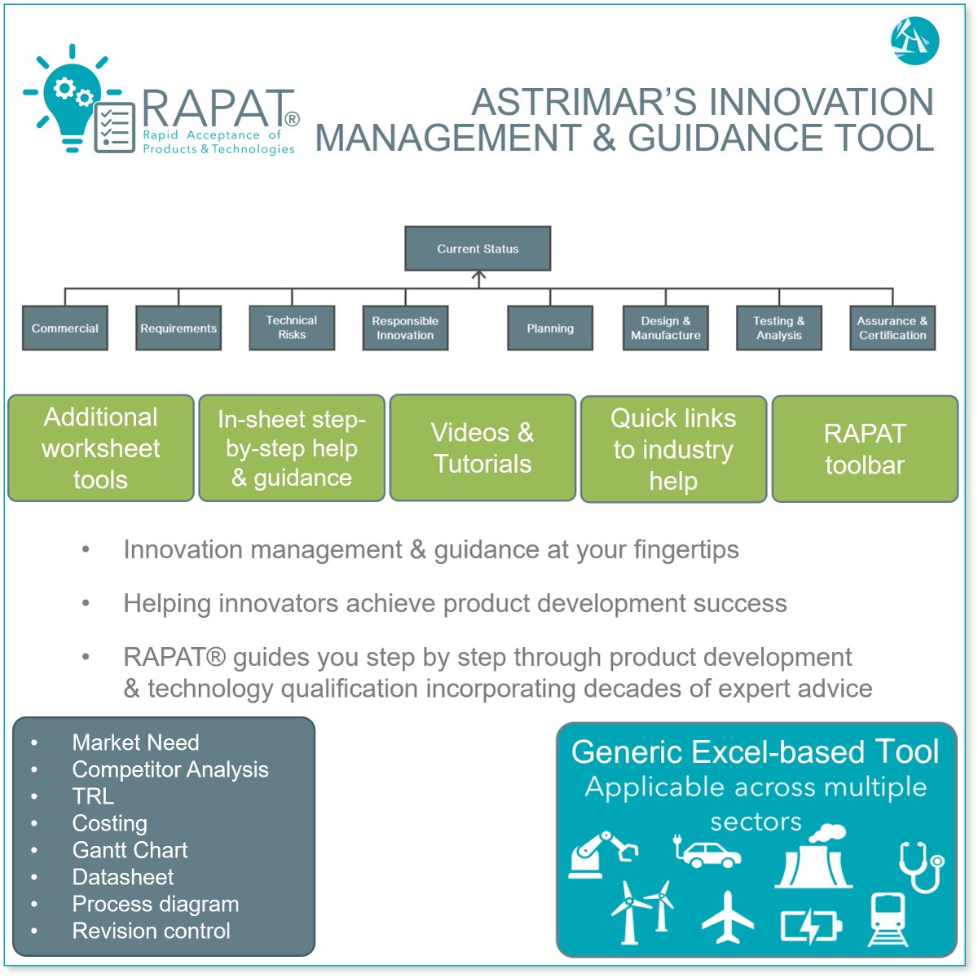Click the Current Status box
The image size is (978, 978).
(x=478, y=249)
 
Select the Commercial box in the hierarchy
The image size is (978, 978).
(x=65, y=328)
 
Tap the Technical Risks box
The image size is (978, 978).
(x=292, y=328)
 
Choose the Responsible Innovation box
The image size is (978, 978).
(x=405, y=328)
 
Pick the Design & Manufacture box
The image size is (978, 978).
(x=665, y=328)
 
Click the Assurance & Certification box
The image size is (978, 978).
(x=892, y=328)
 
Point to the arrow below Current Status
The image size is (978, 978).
(x=478, y=279)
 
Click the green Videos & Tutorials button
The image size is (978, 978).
(x=482, y=447)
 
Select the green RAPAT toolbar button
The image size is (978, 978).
(x=865, y=449)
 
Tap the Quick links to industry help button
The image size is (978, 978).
(x=673, y=449)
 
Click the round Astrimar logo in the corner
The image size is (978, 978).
(x=914, y=41)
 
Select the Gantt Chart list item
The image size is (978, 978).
(x=130, y=850)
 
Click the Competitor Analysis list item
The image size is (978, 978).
(x=170, y=769)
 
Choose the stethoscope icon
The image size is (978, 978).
(x=921, y=866)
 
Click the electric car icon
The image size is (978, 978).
(x=707, y=852)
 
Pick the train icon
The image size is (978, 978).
(x=888, y=919)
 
